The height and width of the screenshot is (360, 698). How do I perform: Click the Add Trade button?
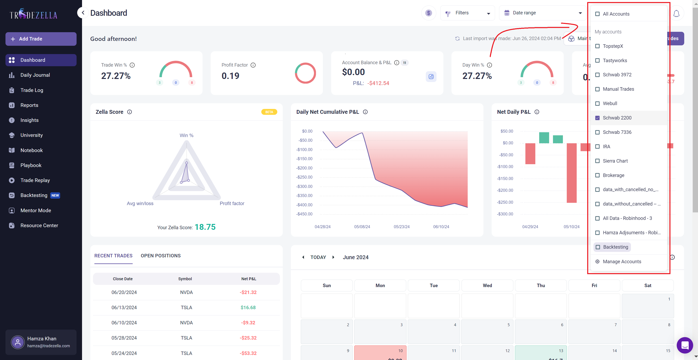coord(41,39)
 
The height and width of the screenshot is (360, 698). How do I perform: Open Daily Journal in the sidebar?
coord(35,75)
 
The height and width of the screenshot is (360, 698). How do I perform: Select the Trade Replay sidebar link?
coord(35,180)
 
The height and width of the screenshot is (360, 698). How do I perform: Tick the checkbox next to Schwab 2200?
coord(597,118)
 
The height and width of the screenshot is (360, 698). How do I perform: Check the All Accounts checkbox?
coord(597,14)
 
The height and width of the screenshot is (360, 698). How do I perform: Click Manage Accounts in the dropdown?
coord(622,261)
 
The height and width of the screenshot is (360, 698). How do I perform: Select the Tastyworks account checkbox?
coord(597,60)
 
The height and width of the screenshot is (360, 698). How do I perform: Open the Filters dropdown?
coord(467,13)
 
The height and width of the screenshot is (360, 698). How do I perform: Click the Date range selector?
coord(543,13)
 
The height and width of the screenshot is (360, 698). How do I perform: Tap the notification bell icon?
coord(676,13)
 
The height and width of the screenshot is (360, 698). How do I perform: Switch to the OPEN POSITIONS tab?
coord(160,256)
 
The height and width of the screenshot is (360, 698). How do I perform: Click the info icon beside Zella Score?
coord(129,112)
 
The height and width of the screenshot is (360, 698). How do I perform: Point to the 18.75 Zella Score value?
coord(205,227)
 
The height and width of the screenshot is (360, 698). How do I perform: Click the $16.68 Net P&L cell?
coord(248,307)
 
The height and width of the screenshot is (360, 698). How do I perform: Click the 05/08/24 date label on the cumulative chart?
coord(362,227)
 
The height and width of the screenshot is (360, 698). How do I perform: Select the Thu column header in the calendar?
coord(541,285)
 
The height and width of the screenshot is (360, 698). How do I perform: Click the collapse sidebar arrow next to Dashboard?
coord(83,13)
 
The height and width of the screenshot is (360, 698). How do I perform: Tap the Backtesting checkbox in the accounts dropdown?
coord(598,247)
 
